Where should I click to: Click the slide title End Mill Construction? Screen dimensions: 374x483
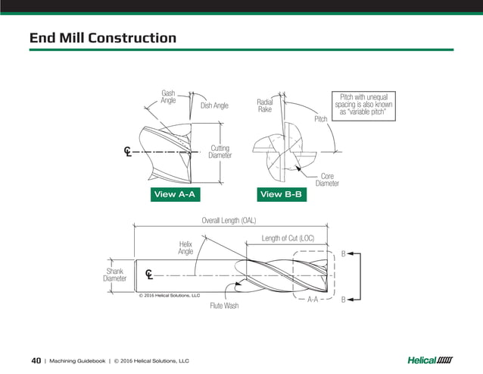[102, 38]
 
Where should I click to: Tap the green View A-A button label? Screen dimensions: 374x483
[175, 195]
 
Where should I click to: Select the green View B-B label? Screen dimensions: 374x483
[282, 195]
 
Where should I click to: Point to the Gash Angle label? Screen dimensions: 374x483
[168, 97]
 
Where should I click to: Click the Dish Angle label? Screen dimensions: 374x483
[214, 105]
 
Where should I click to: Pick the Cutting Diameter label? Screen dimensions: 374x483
[220, 152]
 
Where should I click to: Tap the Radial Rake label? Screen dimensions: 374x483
[264, 105]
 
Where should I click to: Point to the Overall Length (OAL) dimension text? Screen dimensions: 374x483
[229, 221]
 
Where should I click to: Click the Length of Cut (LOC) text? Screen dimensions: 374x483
[288, 238]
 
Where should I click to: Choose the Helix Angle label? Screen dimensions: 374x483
[185, 248]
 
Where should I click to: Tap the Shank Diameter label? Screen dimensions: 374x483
[114, 274]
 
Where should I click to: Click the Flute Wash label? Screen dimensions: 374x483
[224, 306]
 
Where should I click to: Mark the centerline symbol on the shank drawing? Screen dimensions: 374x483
[148, 274]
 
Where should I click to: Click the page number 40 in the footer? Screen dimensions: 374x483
[36, 360]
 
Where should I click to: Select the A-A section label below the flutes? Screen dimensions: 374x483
[312, 300]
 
